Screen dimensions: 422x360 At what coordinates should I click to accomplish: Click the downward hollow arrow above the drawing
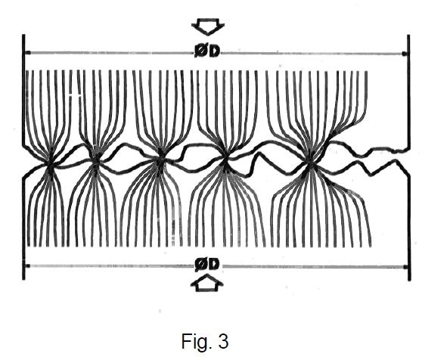tap(208, 26)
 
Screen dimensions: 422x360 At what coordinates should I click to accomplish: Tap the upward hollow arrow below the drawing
tap(207, 283)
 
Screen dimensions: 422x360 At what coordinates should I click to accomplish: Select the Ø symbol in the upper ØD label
tap(200, 51)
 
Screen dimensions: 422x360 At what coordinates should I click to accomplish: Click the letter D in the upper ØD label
tap(214, 51)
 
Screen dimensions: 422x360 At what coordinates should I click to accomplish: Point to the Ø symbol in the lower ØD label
tap(200, 265)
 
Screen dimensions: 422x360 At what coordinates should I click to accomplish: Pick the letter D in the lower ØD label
tap(214, 265)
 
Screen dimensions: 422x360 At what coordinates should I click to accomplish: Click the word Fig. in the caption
tap(193, 342)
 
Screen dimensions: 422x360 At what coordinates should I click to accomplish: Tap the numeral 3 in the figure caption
tap(223, 341)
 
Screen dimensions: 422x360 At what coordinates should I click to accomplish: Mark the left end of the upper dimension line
tap(26, 52)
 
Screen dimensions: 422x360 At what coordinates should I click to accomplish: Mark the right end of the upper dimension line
tap(405, 54)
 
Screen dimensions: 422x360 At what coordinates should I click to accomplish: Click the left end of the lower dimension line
tap(26, 266)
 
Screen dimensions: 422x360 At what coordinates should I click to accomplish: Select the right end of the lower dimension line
tap(405, 267)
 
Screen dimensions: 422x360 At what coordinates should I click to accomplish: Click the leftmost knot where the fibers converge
tap(51, 163)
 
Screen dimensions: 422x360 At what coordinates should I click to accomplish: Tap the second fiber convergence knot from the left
tap(96, 160)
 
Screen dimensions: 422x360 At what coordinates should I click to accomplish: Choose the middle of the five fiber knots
tap(160, 160)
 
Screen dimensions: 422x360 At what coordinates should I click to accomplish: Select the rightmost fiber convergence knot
tap(310, 163)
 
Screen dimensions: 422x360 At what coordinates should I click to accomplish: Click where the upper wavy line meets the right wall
tap(408, 149)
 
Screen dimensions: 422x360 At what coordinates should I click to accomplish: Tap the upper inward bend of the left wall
tap(23, 145)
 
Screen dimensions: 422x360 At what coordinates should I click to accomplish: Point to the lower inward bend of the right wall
tap(409, 173)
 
